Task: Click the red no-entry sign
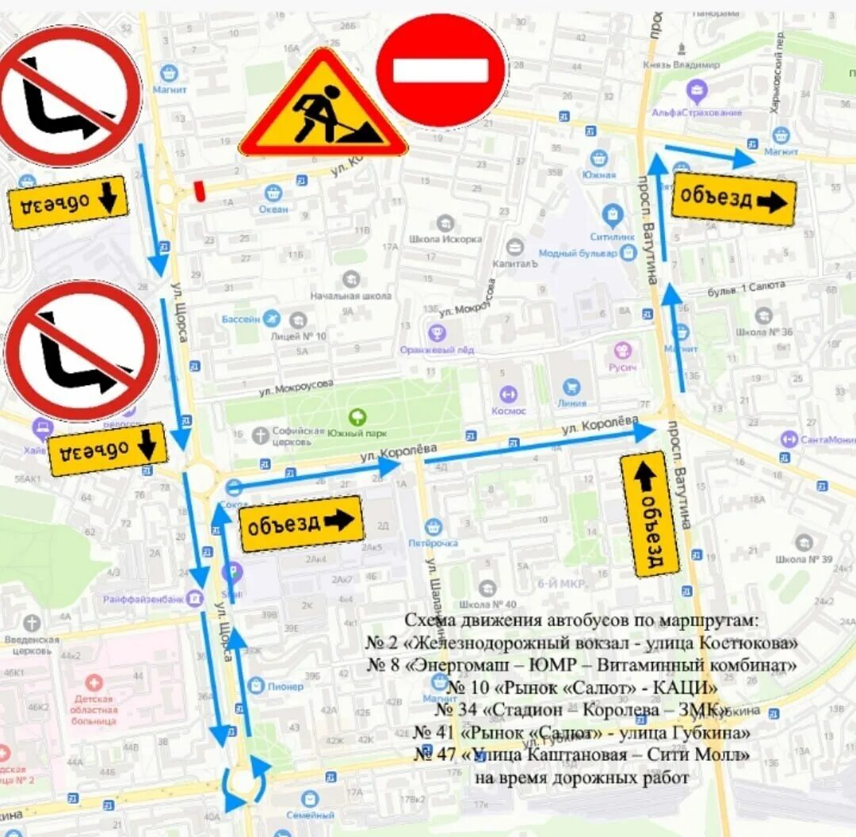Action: click(441, 71)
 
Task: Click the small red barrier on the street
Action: click(199, 189)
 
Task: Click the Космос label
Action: click(508, 411)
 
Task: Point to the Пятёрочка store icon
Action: click(433, 526)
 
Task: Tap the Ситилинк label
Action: click(613, 236)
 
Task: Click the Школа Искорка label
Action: click(445, 239)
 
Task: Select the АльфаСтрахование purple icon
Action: click(697, 91)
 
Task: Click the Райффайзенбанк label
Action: click(143, 599)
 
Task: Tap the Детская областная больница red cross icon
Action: click(94, 682)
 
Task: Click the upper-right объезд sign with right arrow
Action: click(734, 199)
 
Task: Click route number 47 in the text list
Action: click(434, 755)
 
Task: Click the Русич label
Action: click(623, 367)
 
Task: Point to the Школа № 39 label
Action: click(804, 560)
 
